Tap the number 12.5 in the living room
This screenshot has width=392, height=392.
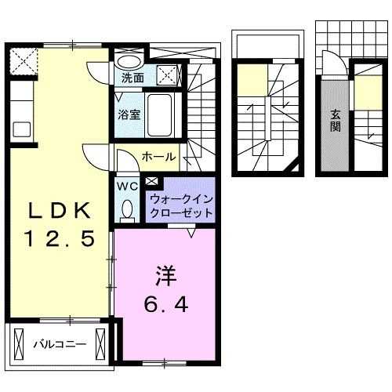[61, 236]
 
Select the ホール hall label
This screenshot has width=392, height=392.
[158, 157]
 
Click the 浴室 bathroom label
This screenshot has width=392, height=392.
[129, 114]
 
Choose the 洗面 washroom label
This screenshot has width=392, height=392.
[132, 78]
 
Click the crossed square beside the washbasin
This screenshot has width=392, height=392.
[166, 75]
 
